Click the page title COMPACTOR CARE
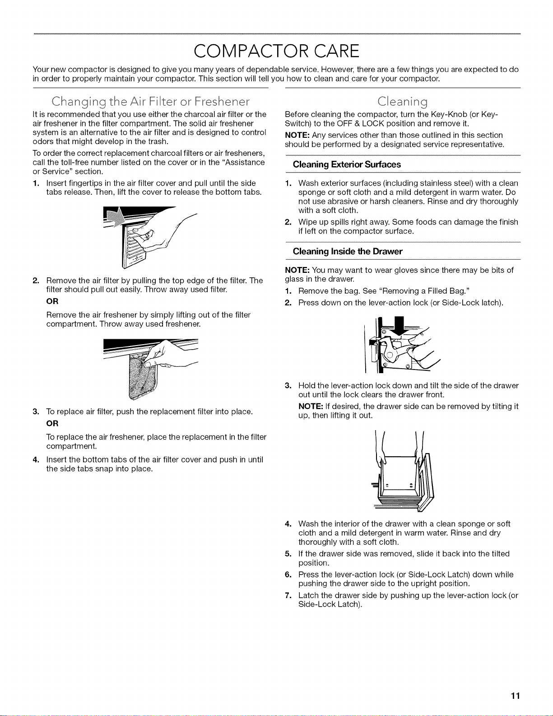(x=276, y=51)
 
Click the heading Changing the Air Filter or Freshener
(x=150, y=102)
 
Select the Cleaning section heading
(x=403, y=102)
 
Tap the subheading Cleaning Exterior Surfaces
(x=347, y=164)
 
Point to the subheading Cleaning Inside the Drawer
(x=347, y=252)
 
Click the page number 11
(x=515, y=696)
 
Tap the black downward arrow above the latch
(x=399, y=327)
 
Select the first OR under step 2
(x=52, y=301)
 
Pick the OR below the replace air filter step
(x=52, y=423)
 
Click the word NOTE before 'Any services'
(x=297, y=135)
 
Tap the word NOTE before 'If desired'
(x=311, y=406)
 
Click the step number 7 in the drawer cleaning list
(x=288, y=595)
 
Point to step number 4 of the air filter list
(x=36, y=460)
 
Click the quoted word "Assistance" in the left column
(x=245, y=163)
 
